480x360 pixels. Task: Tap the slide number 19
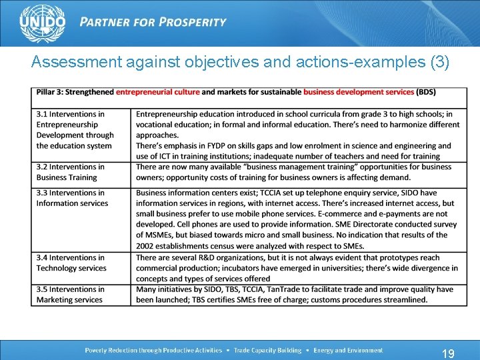coord(448,353)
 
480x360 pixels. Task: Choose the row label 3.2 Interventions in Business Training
coord(70,172)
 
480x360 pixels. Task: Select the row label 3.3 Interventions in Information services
coord(71,198)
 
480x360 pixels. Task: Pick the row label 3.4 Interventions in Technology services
coord(71,263)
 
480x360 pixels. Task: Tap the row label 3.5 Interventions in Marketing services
coord(70,295)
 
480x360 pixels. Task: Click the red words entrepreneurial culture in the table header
coord(157,92)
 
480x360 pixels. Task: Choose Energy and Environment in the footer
coord(348,350)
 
